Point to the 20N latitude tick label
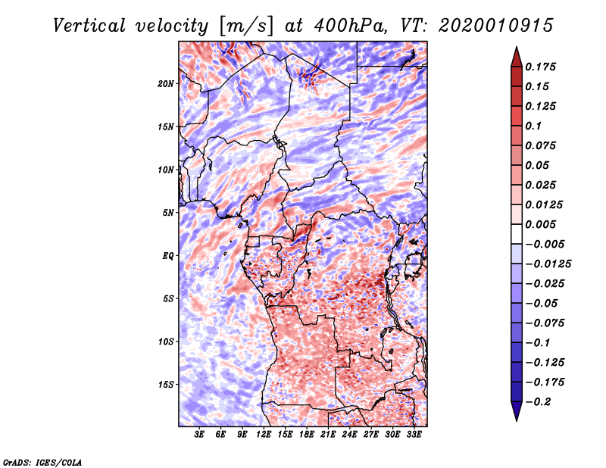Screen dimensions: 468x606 tap(166, 83)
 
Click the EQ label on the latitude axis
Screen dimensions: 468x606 tap(168, 255)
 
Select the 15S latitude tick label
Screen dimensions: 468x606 tap(166, 385)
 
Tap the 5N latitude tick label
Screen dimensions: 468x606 tap(168, 213)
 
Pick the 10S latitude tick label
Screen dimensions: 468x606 tap(166, 342)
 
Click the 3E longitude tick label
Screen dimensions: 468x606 tap(200, 435)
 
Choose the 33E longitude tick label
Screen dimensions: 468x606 tap(414, 435)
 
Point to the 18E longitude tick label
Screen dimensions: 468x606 tap(307, 435)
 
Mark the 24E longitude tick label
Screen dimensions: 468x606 tap(349, 435)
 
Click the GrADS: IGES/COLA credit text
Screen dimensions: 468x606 tap(42, 461)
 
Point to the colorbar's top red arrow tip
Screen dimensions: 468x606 tap(516, 49)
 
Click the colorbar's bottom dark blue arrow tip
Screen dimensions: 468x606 tap(516, 419)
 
